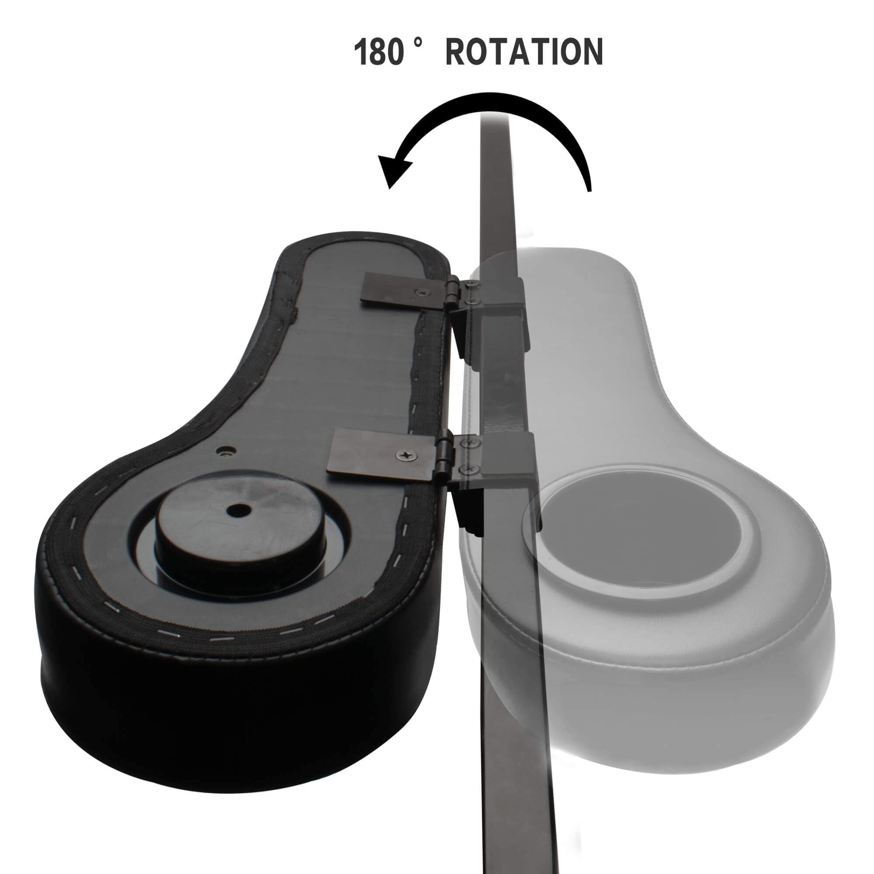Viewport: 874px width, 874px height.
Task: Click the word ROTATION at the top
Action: pyautogui.click(x=524, y=52)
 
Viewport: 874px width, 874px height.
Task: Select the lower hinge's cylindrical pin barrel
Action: pyautogui.click(x=437, y=458)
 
